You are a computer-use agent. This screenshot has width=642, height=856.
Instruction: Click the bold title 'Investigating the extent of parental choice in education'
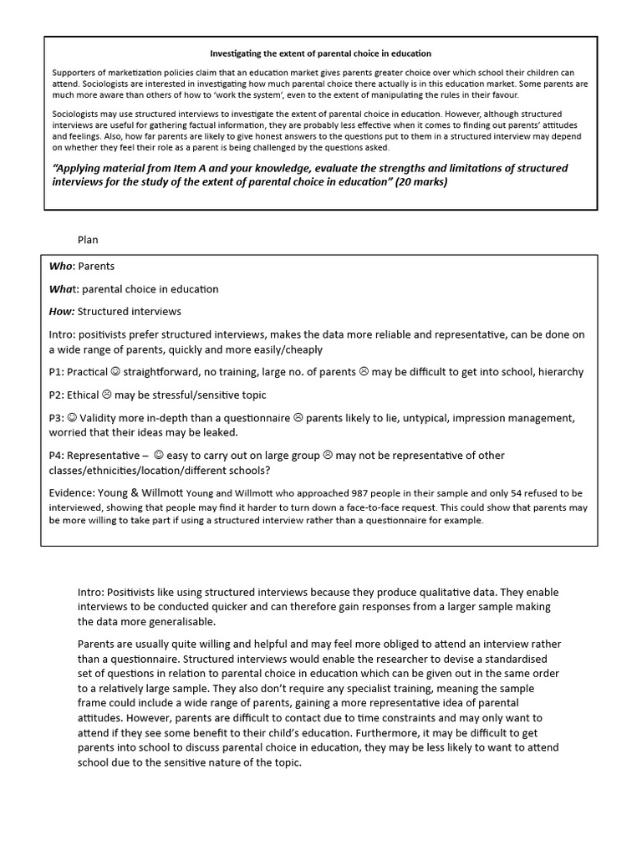tap(320, 53)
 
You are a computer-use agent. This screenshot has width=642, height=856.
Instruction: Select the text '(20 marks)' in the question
tap(420, 181)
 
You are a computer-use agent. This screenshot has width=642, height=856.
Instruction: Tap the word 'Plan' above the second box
tap(88, 240)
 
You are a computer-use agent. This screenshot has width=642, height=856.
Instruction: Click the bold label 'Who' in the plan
tap(61, 267)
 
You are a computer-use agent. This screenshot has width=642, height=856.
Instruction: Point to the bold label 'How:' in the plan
tap(62, 312)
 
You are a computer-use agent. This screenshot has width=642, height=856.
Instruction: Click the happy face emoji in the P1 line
tap(115, 372)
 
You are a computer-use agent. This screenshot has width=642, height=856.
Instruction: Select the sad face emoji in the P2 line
tap(106, 395)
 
